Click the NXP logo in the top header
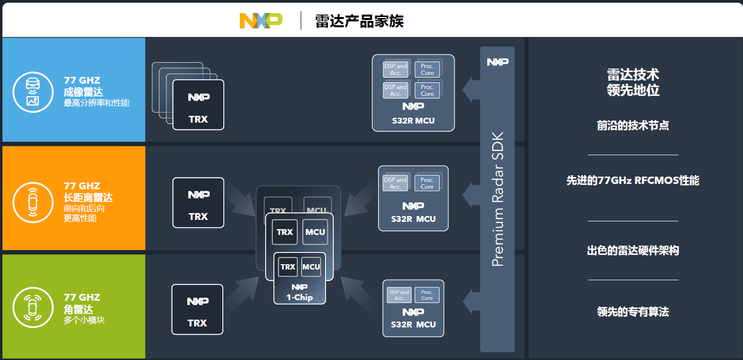tap(261, 20)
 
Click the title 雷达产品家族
tap(359, 21)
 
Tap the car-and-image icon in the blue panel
tap(33, 92)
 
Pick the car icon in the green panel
tap(33, 307)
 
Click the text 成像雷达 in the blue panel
tap(83, 92)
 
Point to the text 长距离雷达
tap(88, 198)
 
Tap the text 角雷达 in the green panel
tap(78, 309)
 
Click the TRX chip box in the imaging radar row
tap(198, 105)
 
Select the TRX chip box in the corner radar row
tap(197, 309)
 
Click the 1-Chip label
tap(299, 297)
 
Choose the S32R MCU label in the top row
tap(413, 120)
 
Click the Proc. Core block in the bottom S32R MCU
tap(427, 295)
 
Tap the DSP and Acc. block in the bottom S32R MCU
tap(399, 295)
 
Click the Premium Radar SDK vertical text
tap(497, 199)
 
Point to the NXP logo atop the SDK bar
tap(497, 62)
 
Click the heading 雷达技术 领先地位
tap(633, 82)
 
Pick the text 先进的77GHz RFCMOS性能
tap(633, 180)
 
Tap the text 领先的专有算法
tap(633, 312)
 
